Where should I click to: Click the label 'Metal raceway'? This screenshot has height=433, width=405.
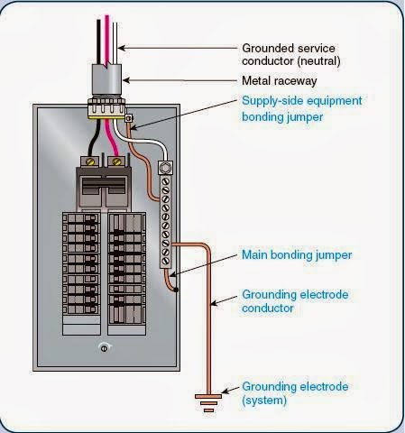point(280,79)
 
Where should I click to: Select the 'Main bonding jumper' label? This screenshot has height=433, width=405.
point(297,254)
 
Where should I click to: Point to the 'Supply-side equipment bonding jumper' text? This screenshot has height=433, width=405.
point(300,109)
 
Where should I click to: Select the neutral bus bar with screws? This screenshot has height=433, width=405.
point(168,221)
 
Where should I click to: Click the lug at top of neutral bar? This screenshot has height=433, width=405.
point(166,168)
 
